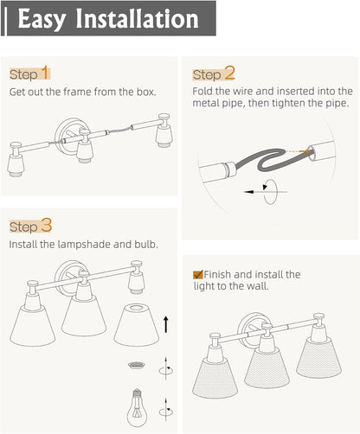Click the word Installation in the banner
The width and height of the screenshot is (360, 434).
pos(137,19)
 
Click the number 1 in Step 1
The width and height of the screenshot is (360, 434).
pos(45,73)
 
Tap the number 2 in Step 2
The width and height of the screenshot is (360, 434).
pos(230,73)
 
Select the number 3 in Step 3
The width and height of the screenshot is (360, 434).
pos(46,225)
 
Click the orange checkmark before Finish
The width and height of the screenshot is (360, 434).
pos(198,274)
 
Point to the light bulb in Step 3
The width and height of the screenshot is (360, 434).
pos(137,407)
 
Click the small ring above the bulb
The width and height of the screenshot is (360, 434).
pos(137,366)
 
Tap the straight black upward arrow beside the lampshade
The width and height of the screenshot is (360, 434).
pos(166,324)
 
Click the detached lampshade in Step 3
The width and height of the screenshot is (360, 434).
pos(137,325)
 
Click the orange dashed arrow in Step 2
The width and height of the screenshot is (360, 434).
pos(296,151)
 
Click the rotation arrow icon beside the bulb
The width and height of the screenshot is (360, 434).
pos(166,412)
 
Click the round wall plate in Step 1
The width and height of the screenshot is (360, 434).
pos(68,136)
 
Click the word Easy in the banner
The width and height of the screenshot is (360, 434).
pos(42,19)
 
